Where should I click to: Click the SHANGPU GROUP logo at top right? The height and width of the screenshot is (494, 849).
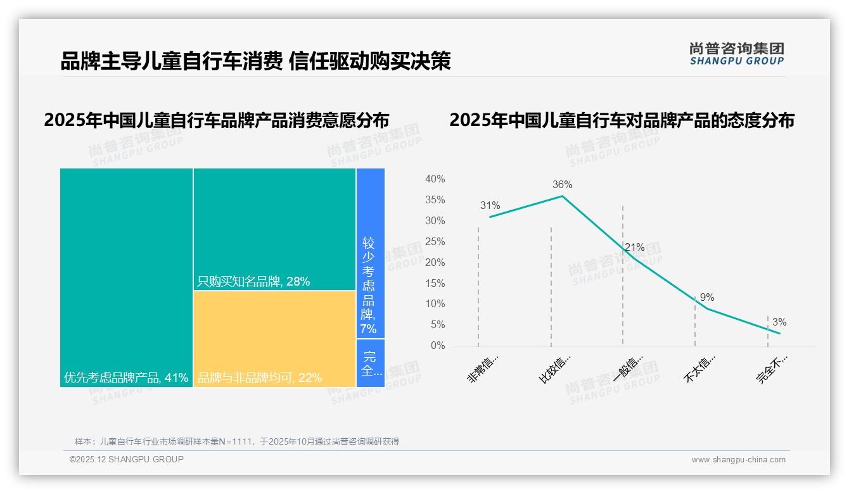736,54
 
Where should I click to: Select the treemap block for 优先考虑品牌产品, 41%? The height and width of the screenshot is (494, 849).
126,277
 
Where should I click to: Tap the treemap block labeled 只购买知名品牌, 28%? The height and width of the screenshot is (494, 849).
274,229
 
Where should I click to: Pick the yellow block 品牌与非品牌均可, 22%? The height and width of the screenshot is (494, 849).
274,339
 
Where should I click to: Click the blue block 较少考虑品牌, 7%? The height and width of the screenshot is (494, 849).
370,253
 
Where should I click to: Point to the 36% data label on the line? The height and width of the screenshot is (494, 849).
562,185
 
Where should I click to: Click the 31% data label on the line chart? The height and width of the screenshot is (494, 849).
490,206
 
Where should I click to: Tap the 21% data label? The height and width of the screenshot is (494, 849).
634,248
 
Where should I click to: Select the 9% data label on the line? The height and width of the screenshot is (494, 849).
707,298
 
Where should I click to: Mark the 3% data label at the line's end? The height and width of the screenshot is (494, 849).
779,322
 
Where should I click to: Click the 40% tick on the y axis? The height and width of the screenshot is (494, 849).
435,179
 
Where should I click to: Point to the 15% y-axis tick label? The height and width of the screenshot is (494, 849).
435,283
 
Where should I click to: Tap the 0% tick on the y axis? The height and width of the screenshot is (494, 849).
438,346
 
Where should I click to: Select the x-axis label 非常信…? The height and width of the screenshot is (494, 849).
483,369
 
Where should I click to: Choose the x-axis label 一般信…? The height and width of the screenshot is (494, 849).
629,369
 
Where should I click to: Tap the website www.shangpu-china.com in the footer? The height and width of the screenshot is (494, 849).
738,460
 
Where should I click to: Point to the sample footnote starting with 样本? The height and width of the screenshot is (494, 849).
236,441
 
